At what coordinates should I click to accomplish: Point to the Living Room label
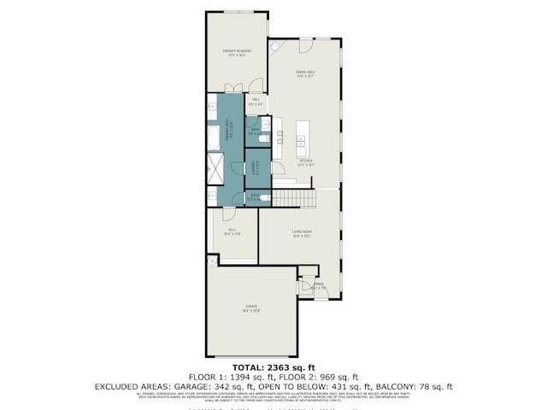[302, 233]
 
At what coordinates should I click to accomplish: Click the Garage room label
[251, 307]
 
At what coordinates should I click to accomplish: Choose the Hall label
[256, 102]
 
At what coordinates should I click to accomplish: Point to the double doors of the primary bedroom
[232, 86]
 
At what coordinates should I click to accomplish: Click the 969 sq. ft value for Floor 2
[332, 378]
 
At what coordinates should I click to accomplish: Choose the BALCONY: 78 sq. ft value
[428, 387]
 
